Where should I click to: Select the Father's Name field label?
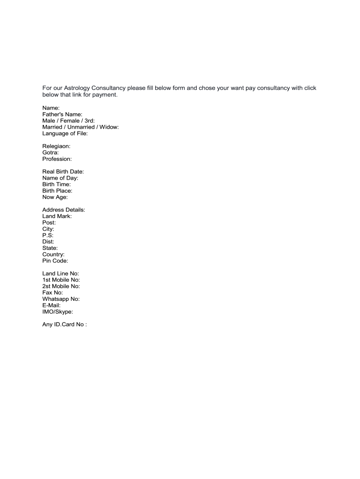pyautogui.click(x=62, y=114)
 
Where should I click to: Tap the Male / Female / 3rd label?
pyautogui.click(x=68, y=121)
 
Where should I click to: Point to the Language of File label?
pyautogui.click(x=65, y=133)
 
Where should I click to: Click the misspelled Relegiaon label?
pyautogui.click(x=56, y=146)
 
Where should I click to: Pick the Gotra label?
pyautogui.click(x=50, y=152)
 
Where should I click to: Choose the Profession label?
pyautogui.click(x=57, y=159)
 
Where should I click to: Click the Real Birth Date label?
pyautogui.click(x=63, y=172)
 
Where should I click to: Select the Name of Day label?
pyautogui.click(x=60, y=178)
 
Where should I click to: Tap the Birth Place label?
pyautogui.click(x=57, y=191)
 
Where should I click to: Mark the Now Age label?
pyautogui.click(x=55, y=197)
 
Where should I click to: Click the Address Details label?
pyautogui.click(x=64, y=210)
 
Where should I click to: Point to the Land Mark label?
pyautogui.click(x=57, y=216)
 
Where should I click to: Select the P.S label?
pyautogui.click(x=48, y=235)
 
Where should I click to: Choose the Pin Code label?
pyautogui.click(x=55, y=261)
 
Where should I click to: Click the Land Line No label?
pyautogui.click(x=61, y=274)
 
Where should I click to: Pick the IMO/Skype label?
pyautogui.click(x=58, y=312)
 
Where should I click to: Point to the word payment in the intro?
pyautogui.click(x=103, y=95)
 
